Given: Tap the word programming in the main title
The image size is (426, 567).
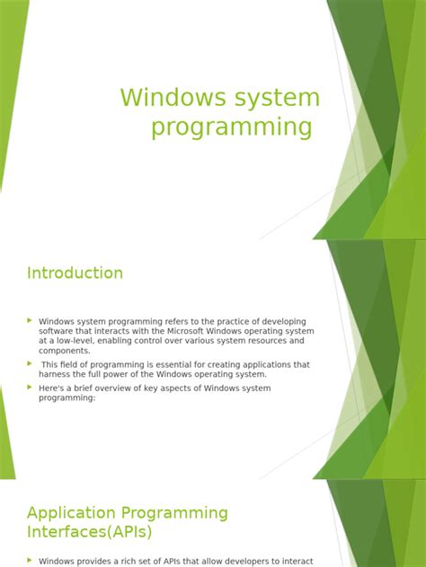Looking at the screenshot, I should (x=232, y=127).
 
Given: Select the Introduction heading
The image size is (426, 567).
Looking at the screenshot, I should (x=75, y=273).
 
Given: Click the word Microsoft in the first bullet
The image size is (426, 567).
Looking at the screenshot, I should (x=200, y=331).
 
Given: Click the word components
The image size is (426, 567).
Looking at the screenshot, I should (x=64, y=351).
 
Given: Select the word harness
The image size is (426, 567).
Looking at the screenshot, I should (x=56, y=374).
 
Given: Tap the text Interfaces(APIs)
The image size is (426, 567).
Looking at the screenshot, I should (x=90, y=533).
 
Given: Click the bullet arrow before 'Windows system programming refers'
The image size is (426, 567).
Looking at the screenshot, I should (x=30, y=320).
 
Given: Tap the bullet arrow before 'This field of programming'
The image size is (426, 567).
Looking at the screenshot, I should (x=30, y=363).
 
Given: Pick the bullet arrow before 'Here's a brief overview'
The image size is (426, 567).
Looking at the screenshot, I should (x=30, y=387).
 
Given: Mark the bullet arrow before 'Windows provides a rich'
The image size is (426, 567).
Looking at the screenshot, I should (x=30, y=560).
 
